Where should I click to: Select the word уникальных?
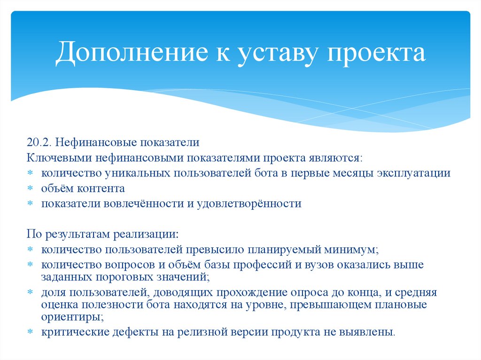click(x=138, y=173)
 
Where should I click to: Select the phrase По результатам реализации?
click(x=102, y=234)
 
